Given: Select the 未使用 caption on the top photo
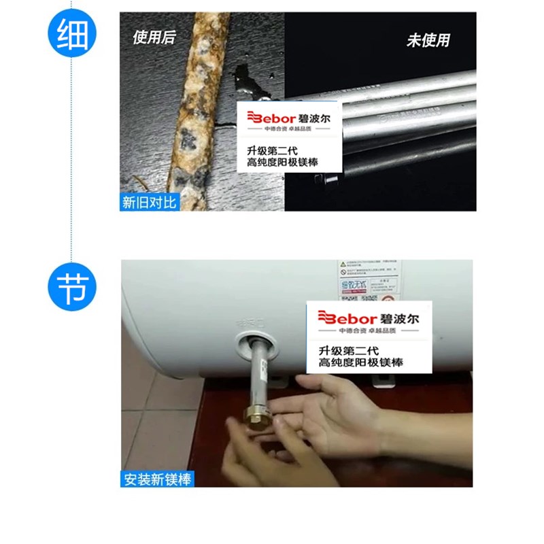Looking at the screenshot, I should pos(428,40).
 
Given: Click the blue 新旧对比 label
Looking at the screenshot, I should pos(150,203).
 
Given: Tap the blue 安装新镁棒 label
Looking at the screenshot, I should pos(158,479).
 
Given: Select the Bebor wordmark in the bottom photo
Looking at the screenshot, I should pos(347,318).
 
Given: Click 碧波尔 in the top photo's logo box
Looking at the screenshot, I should pos(313,118).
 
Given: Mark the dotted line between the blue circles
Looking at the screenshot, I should pos(71,156).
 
